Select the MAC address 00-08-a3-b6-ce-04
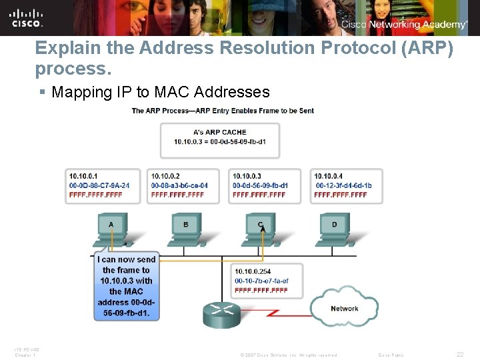point(179,185)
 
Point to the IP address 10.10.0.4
point(328,176)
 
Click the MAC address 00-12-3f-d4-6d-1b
point(344,185)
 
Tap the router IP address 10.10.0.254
point(252,271)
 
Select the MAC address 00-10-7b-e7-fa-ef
point(261,281)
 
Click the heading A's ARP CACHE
point(219,132)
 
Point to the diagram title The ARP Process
point(223,111)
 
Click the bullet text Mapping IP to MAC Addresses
point(161,92)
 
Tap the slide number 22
point(459,355)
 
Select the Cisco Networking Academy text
point(404,25)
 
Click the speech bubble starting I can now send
point(126,286)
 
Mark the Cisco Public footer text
point(391,355)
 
